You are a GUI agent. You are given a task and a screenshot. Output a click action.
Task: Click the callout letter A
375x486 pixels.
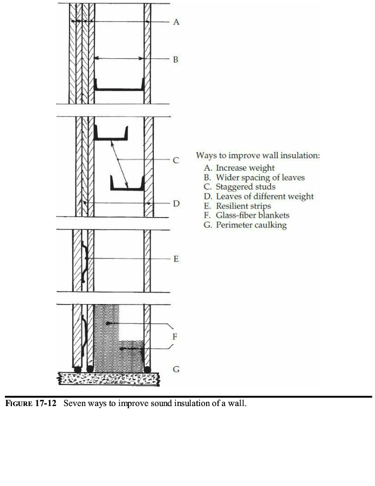tap(176, 22)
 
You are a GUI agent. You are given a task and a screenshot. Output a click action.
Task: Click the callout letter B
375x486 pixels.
tap(176, 59)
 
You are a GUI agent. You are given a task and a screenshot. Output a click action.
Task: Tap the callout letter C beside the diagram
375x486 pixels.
tap(176, 160)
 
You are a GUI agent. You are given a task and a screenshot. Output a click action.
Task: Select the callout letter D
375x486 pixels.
tap(176, 204)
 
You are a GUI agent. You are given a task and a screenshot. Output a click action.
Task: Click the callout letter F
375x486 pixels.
tap(176, 336)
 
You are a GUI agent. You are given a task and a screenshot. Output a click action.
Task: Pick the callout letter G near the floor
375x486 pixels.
tap(176, 370)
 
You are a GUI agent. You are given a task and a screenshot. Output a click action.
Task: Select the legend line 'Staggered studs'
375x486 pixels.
tap(240, 187)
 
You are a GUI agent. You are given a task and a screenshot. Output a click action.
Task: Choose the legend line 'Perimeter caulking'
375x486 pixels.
tap(245, 225)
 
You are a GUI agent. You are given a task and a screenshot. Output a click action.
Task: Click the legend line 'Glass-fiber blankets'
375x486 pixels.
tap(247, 215)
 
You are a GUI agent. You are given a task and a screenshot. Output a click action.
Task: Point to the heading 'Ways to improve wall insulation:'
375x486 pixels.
tap(258, 156)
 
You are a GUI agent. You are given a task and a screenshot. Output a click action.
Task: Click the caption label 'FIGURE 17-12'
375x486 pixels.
tap(31, 403)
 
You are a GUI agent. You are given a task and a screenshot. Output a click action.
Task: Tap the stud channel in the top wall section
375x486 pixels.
tap(119, 86)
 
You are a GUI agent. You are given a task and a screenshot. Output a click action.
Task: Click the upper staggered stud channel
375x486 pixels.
tap(112, 136)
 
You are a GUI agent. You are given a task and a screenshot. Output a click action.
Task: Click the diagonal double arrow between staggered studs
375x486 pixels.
tap(120, 160)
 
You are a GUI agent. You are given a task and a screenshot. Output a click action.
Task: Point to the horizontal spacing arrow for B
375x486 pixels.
tap(119, 58)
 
